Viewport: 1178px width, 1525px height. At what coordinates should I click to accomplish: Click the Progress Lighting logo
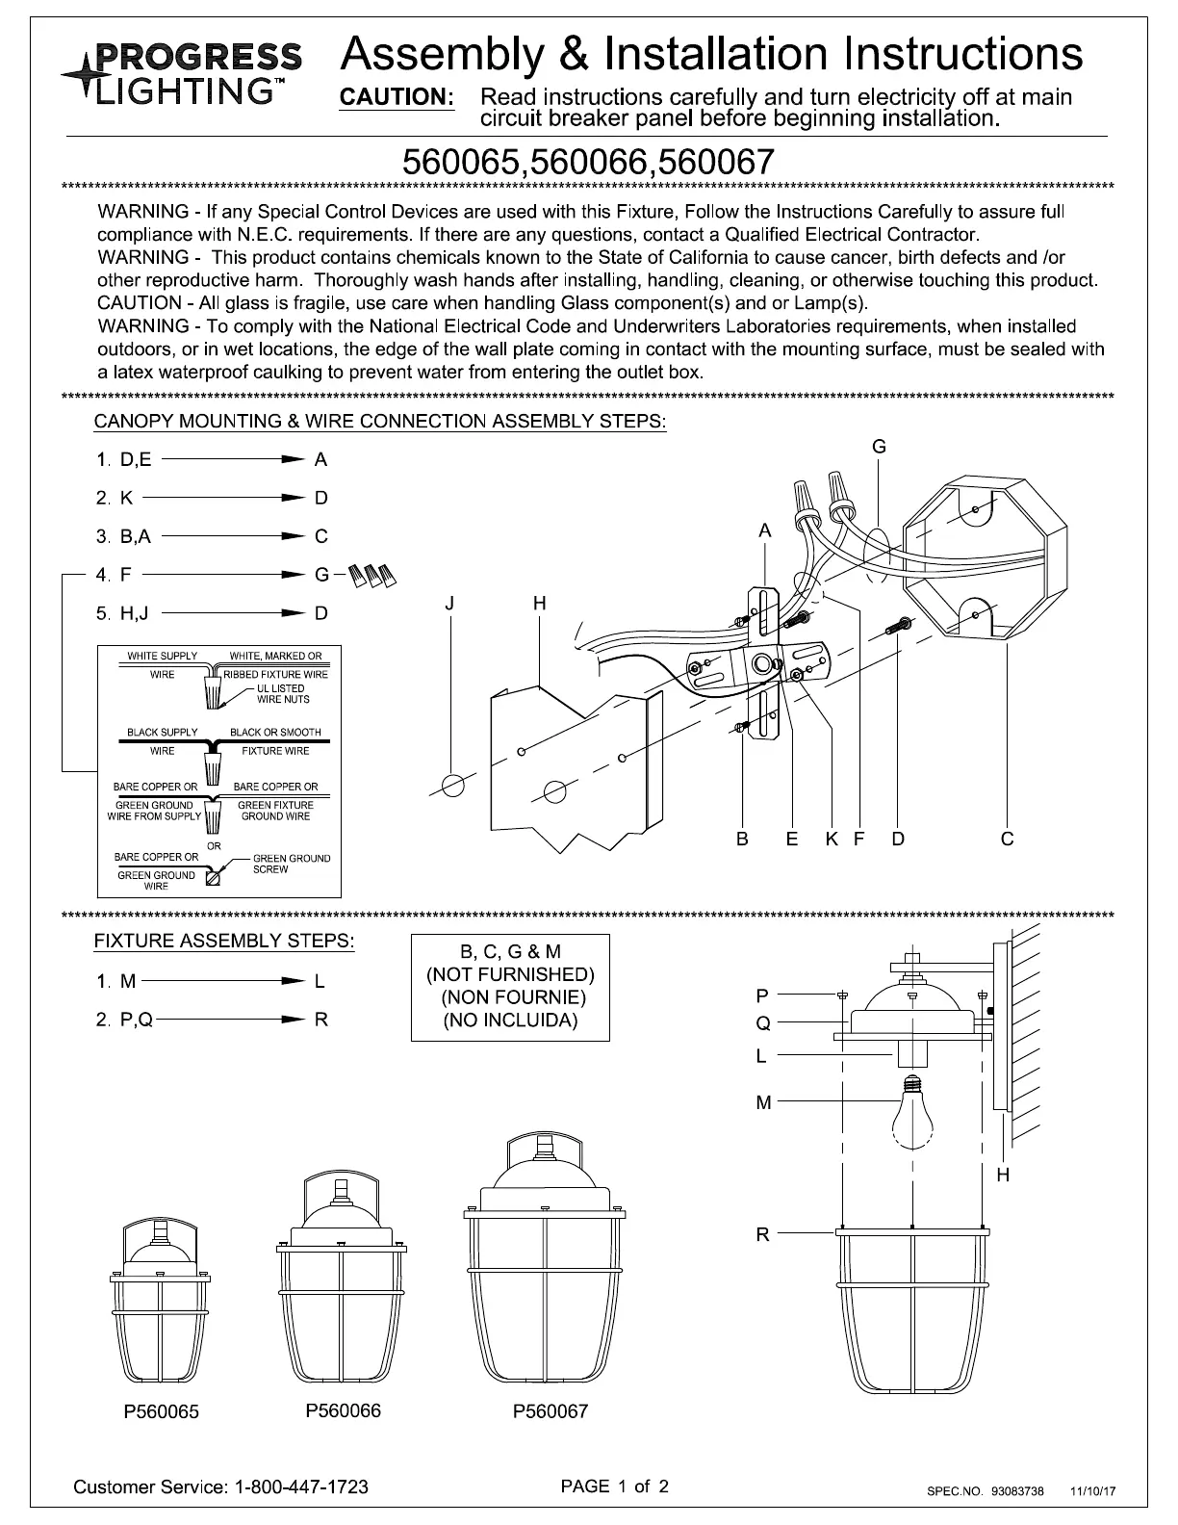[180, 72]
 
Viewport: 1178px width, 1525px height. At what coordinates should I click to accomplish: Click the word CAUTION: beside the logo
[397, 98]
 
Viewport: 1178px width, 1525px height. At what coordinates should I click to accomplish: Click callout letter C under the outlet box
[1007, 839]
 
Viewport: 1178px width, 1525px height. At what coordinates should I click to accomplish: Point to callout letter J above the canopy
[449, 604]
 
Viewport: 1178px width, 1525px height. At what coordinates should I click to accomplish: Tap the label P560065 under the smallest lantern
[161, 1412]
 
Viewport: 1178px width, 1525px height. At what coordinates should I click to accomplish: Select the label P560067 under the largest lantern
[550, 1412]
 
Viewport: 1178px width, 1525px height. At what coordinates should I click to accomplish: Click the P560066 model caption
[343, 1410]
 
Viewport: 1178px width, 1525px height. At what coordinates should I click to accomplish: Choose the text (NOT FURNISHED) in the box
[510, 974]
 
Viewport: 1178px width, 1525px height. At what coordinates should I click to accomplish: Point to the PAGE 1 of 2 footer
[615, 1486]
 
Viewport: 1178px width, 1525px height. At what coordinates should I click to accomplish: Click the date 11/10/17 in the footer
[1093, 1491]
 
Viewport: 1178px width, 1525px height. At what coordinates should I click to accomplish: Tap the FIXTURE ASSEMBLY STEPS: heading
[223, 942]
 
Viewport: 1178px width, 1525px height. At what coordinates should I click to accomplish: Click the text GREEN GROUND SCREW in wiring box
[291, 864]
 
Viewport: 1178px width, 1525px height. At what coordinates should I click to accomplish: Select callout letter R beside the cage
[762, 1233]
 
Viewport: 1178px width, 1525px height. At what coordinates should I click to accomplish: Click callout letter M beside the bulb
[763, 1103]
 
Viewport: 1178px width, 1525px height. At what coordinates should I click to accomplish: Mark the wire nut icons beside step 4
[372, 576]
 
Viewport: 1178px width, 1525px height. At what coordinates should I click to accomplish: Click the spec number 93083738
[1017, 1491]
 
